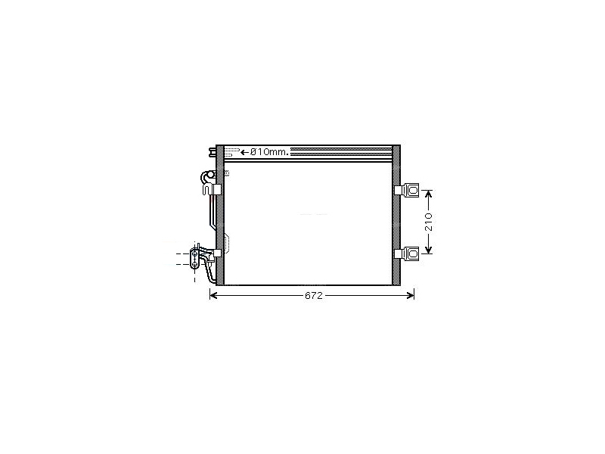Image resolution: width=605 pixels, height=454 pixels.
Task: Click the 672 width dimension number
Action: coord(313,295)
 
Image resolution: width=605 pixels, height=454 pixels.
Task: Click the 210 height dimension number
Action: coord(429,222)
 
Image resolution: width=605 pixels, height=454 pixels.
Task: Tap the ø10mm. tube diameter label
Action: coord(270,152)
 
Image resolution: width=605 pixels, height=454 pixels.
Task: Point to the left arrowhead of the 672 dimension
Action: coord(213,295)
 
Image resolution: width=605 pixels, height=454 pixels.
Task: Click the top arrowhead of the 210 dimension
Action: coord(429,193)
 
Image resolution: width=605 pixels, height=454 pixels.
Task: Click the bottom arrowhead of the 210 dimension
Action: coord(429,251)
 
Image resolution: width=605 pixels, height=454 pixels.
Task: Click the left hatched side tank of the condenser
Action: coord(220,216)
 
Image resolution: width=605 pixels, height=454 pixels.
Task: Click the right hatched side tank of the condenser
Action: coord(396,216)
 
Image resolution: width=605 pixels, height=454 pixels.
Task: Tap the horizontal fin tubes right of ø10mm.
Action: coord(340,152)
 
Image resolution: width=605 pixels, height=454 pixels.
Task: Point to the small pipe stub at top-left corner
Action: coord(210,151)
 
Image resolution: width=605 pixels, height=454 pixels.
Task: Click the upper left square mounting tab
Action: coord(217,189)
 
